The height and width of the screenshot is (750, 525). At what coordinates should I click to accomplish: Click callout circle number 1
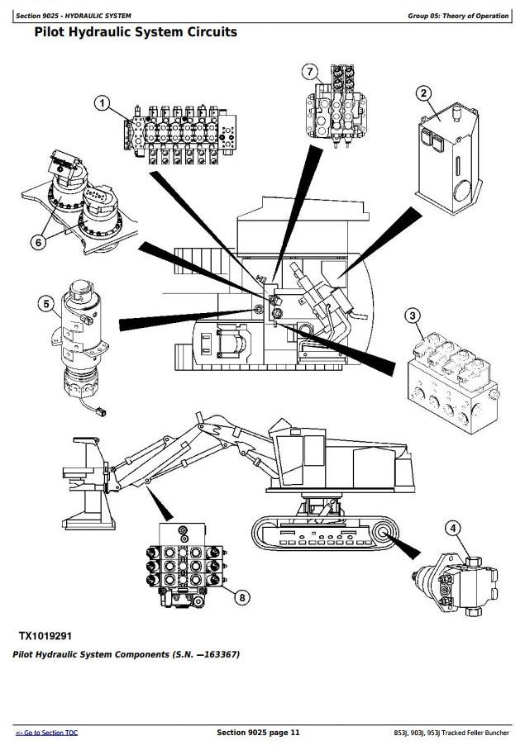[x=102, y=103]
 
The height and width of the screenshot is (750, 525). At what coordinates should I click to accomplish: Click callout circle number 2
[x=423, y=93]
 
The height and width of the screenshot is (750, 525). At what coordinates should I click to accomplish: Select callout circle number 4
[x=452, y=529]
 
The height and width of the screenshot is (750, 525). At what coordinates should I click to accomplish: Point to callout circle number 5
[x=45, y=305]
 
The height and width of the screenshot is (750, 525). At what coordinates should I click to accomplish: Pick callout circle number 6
[x=38, y=242]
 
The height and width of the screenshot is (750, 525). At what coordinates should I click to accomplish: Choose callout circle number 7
[x=310, y=72]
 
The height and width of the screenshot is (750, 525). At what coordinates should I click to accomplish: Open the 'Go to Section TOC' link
[x=46, y=733]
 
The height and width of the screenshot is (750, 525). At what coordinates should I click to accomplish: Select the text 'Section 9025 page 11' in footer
[x=258, y=733]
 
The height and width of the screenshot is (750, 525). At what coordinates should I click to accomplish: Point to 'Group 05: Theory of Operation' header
[x=457, y=17]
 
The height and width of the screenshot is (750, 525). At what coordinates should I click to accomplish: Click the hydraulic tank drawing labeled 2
[x=446, y=157]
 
